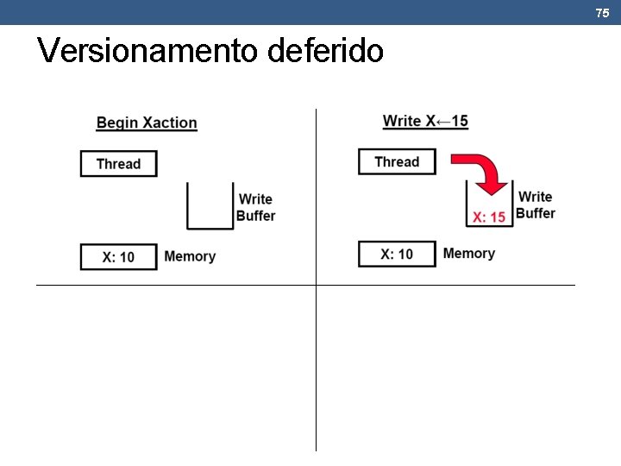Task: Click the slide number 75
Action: (602, 13)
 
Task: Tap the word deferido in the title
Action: (326, 51)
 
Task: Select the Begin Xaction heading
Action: (147, 123)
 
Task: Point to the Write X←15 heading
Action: (425, 121)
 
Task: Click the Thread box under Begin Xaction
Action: (119, 164)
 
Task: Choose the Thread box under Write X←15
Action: (397, 161)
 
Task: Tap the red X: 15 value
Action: (489, 217)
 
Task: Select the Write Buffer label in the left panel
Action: (255, 207)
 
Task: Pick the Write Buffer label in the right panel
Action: (536, 205)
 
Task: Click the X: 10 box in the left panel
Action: (119, 257)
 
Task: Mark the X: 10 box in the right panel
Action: (397, 254)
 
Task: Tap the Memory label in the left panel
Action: (190, 256)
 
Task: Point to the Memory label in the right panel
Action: (468, 253)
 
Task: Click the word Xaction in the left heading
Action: (170, 123)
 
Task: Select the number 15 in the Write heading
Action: (459, 121)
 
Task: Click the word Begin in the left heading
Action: (116, 123)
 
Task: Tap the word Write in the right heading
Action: (402, 121)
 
